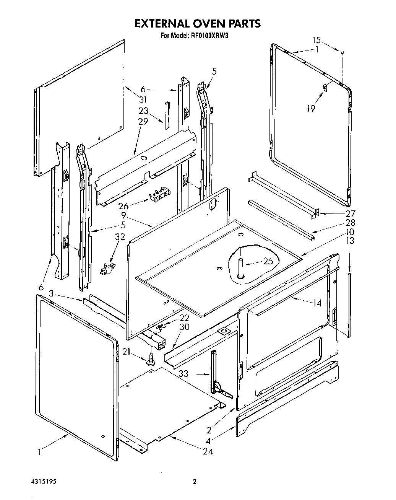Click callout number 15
tap(316, 40)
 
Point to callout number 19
tap(311, 108)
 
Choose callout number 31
tap(143, 99)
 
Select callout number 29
tap(143, 122)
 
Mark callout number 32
tap(120, 237)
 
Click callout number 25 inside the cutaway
tap(268, 262)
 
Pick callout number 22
tap(184, 318)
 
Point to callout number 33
tap(183, 374)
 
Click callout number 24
tap(208, 451)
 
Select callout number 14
tap(317, 303)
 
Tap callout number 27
tap(350, 213)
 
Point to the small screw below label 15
tap(342, 50)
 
